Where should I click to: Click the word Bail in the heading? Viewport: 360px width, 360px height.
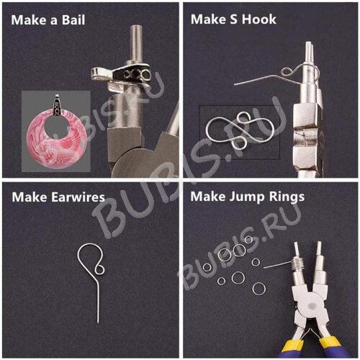pos(73,20)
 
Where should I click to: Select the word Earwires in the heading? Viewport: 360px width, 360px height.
pos(78,197)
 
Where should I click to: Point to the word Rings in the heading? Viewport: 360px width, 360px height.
pos(287,197)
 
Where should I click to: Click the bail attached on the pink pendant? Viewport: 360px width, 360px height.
pos(57,105)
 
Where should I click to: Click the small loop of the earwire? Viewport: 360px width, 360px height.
pos(100,268)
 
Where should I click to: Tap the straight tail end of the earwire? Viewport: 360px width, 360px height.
pos(98,323)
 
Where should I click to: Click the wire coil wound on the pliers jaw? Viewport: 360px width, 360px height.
pos(298,265)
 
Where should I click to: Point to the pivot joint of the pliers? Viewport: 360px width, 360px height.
pos(312,306)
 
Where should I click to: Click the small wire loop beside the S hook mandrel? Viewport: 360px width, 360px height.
pos(287,71)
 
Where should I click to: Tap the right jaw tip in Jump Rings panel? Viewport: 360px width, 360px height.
pos(319,245)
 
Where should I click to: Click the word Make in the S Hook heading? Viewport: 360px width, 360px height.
pos(209,19)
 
